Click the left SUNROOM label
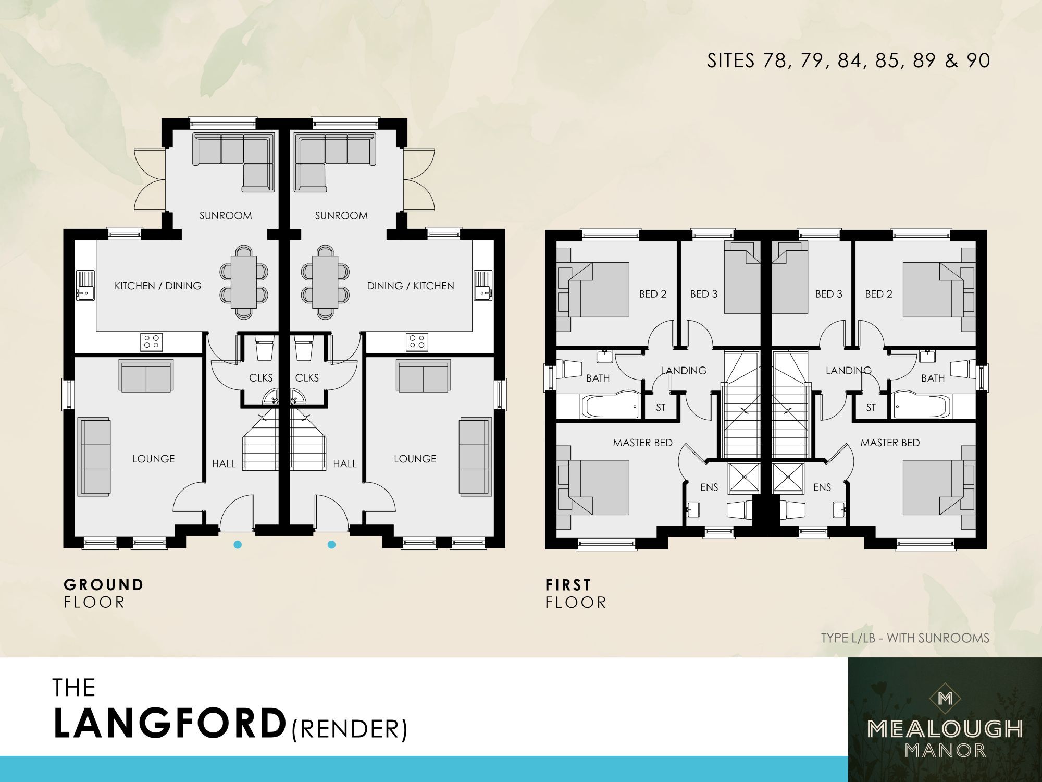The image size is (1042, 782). (226, 215)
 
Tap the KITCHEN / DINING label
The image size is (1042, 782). (158, 286)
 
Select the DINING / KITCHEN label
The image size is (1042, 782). (411, 286)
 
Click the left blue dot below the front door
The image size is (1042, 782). (238, 545)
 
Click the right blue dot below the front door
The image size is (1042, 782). (331, 545)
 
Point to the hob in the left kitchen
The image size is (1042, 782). (152, 342)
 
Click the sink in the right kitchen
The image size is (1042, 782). (482, 286)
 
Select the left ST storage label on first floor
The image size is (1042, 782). (661, 408)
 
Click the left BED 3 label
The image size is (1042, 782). (704, 294)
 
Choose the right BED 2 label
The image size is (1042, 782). (878, 294)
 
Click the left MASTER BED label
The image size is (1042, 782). (642, 443)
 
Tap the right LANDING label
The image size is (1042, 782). (848, 370)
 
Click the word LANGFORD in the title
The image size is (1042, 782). (170, 724)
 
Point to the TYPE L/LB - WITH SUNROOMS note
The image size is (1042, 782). (905, 638)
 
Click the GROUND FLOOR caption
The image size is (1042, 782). (103, 593)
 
